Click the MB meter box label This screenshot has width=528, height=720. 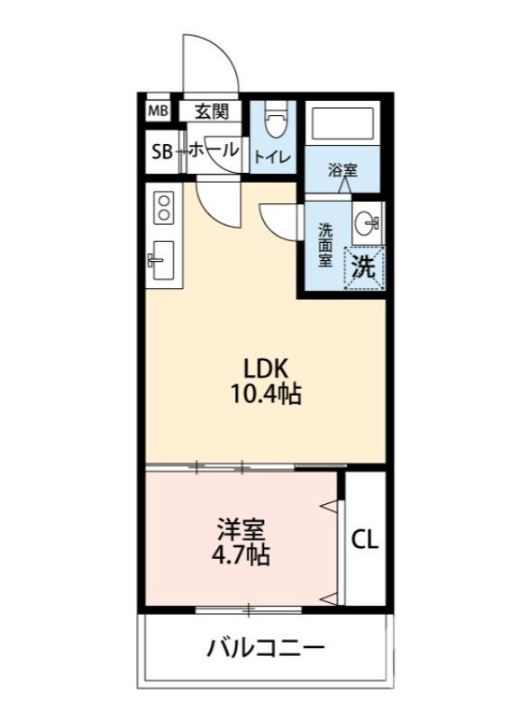[158, 112]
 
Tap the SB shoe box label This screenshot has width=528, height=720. [161, 152]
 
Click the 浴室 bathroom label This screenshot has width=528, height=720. [342, 168]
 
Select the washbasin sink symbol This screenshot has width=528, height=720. [366, 223]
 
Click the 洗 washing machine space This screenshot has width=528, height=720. [363, 266]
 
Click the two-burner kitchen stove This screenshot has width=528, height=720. [164, 209]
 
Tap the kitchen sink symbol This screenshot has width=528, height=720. [163, 261]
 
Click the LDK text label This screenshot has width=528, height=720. [266, 369]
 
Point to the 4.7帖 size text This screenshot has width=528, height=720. [241, 554]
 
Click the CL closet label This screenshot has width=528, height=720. [365, 540]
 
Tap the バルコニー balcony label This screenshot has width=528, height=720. [265, 648]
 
